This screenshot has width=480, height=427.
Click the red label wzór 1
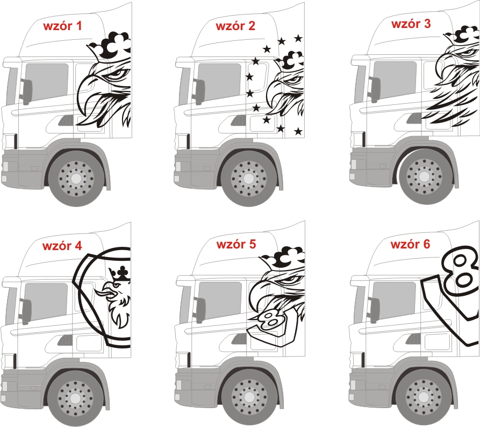63,26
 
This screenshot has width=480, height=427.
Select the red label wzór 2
235,26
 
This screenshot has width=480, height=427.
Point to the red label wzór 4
62,246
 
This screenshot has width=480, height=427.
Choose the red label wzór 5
236,245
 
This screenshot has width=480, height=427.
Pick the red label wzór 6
411,245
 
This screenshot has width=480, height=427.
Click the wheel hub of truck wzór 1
76,178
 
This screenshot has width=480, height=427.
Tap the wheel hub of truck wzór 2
249,178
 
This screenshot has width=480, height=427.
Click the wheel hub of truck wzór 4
76,398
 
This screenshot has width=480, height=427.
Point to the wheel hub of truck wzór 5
249,398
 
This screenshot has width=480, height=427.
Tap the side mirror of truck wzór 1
26,91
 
